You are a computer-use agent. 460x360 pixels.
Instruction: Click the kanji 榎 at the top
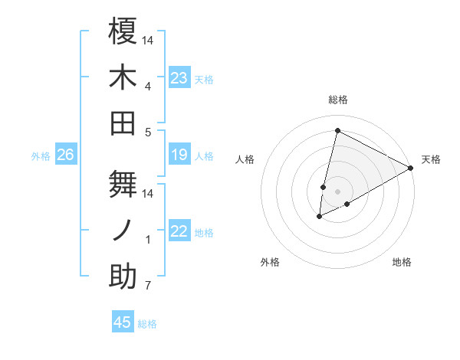(x=123, y=31)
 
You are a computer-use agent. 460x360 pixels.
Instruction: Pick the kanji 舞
(x=123, y=183)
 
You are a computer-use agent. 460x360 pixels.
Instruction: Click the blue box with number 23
(x=179, y=78)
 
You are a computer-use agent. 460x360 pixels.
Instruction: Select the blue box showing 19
(x=179, y=155)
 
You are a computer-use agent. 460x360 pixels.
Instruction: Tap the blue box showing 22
(x=179, y=232)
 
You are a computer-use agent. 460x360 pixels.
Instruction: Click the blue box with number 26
(x=66, y=155)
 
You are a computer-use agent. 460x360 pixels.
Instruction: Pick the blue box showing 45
(x=123, y=322)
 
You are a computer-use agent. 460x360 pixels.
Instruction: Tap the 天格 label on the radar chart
(x=431, y=159)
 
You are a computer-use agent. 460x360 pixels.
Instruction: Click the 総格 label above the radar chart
(x=337, y=100)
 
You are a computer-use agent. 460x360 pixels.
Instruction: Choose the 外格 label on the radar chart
(x=270, y=262)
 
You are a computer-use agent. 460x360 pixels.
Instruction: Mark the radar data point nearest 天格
(x=411, y=169)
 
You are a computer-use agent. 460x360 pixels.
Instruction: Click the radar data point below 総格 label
(x=337, y=130)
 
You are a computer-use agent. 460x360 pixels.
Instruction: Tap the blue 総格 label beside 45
(x=147, y=324)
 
